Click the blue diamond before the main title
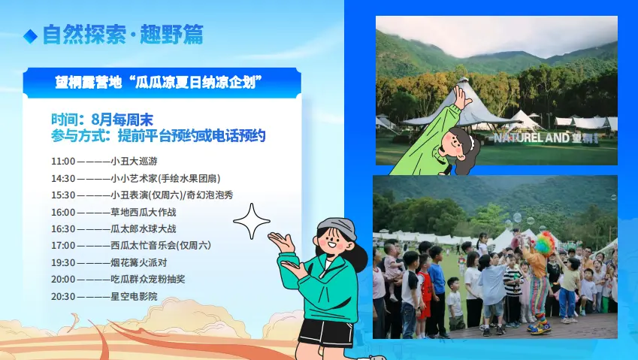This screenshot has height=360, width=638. (31, 36)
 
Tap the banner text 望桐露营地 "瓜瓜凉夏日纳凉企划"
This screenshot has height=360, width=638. (159, 82)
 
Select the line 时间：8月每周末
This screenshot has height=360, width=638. (102, 119)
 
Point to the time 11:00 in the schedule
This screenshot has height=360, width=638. (63, 162)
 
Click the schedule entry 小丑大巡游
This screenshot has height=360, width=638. (134, 162)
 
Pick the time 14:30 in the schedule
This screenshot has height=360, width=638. (63, 179)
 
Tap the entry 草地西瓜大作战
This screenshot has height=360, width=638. (144, 213)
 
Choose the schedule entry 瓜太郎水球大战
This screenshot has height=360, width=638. (144, 229)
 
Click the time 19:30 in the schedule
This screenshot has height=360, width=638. (63, 263)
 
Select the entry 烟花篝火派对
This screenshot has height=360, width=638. (139, 263)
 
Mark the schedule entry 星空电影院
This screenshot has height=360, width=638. (134, 297)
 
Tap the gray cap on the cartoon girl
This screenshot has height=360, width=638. (337, 227)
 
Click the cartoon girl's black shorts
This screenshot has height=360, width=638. (326, 332)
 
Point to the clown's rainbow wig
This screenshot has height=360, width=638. (544, 243)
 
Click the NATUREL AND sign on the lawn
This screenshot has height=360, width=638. (546, 138)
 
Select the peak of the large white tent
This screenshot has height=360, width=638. (464, 79)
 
